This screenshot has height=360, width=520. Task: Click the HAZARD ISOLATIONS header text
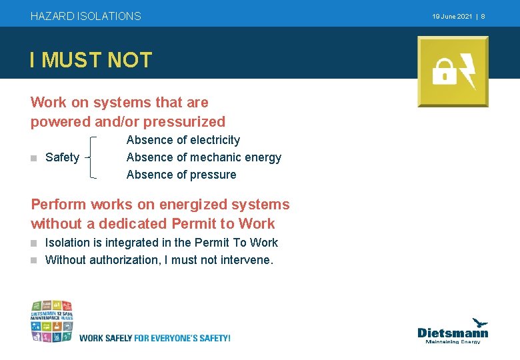(x=86, y=16)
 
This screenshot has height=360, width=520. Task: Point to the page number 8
(x=483, y=16)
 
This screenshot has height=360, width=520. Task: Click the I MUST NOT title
(x=91, y=61)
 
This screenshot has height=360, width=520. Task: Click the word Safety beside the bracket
(x=62, y=157)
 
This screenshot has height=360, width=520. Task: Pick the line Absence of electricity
(x=183, y=140)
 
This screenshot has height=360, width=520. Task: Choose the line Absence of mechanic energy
(x=203, y=157)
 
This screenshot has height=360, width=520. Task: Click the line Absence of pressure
(x=181, y=175)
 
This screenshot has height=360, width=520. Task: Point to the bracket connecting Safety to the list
(x=91, y=157)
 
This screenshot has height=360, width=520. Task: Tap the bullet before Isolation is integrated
(x=34, y=243)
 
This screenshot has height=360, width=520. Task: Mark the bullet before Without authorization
(x=34, y=260)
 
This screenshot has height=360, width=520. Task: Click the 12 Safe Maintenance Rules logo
(x=51, y=321)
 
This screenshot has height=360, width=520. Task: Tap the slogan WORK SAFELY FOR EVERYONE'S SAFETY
(x=155, y=338)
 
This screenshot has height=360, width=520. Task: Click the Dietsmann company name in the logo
(x=453, y=332)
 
